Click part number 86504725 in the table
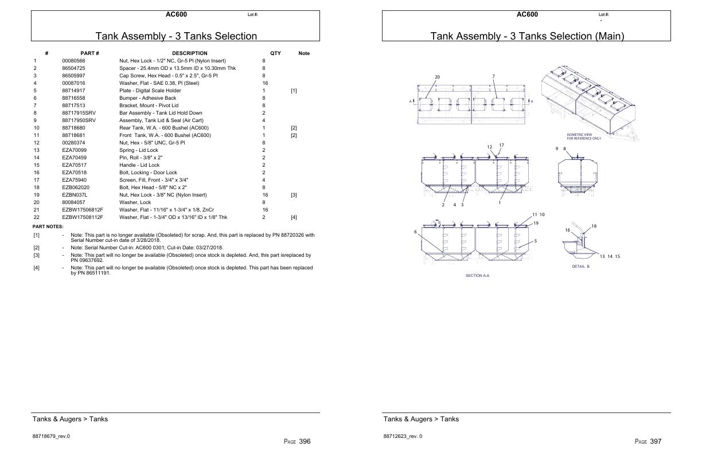click(x=73, y=68)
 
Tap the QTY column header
click(x=275, y=53)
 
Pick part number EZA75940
click(x=73, y=180)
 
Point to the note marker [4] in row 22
click(x=294, y=217)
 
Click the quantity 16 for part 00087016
click(x=265, y=83)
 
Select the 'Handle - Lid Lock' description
click(x=139, y=165)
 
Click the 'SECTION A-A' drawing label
click(x=477, y=276)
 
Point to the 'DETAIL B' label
click(x=580, y=267)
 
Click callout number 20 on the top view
click(x=437, y=77)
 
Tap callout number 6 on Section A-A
click(x=415, y=232)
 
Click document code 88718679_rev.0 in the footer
click(x=51, y=436)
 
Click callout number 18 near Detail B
click(x=594, y=226)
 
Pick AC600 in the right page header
click(x=527, y=14)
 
